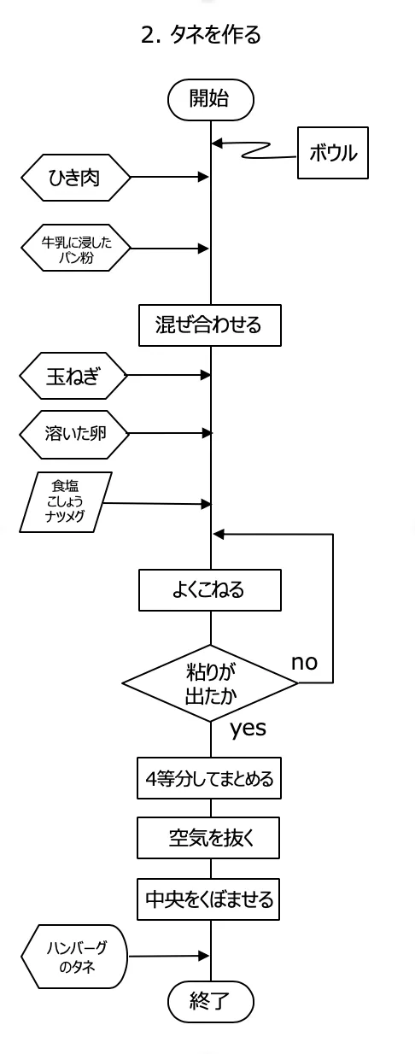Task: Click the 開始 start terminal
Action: click(x=211, y=99)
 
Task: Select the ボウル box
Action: click(x=333, y=152)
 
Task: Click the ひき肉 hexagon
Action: click(x=75, y=178)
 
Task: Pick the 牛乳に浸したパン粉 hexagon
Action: click(x=75, y=249)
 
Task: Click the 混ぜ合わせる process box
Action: click(x=210, y=325)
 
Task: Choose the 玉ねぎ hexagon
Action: click(x=73, y=376)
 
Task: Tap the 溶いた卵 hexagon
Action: click(x=74, y=434)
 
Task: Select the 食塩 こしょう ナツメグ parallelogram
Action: click(x=66, y=502)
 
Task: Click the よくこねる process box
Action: click(x=210, y=590)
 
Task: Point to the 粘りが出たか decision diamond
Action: click(x=210, y=682)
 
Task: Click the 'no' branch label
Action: click(x=305, y=662)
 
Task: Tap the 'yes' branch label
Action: click(x=248, y=729)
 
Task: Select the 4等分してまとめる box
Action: click(x=209, y=778)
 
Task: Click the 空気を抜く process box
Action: click(x=208, y=838)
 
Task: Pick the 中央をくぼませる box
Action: click(x=208, y=899)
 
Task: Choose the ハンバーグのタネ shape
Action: click(x=74, y=957)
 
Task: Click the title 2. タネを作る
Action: click(x=201, y=34)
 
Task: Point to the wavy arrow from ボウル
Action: click(x=254, y=149)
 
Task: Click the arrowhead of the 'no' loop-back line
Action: click(x=219, y=534)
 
